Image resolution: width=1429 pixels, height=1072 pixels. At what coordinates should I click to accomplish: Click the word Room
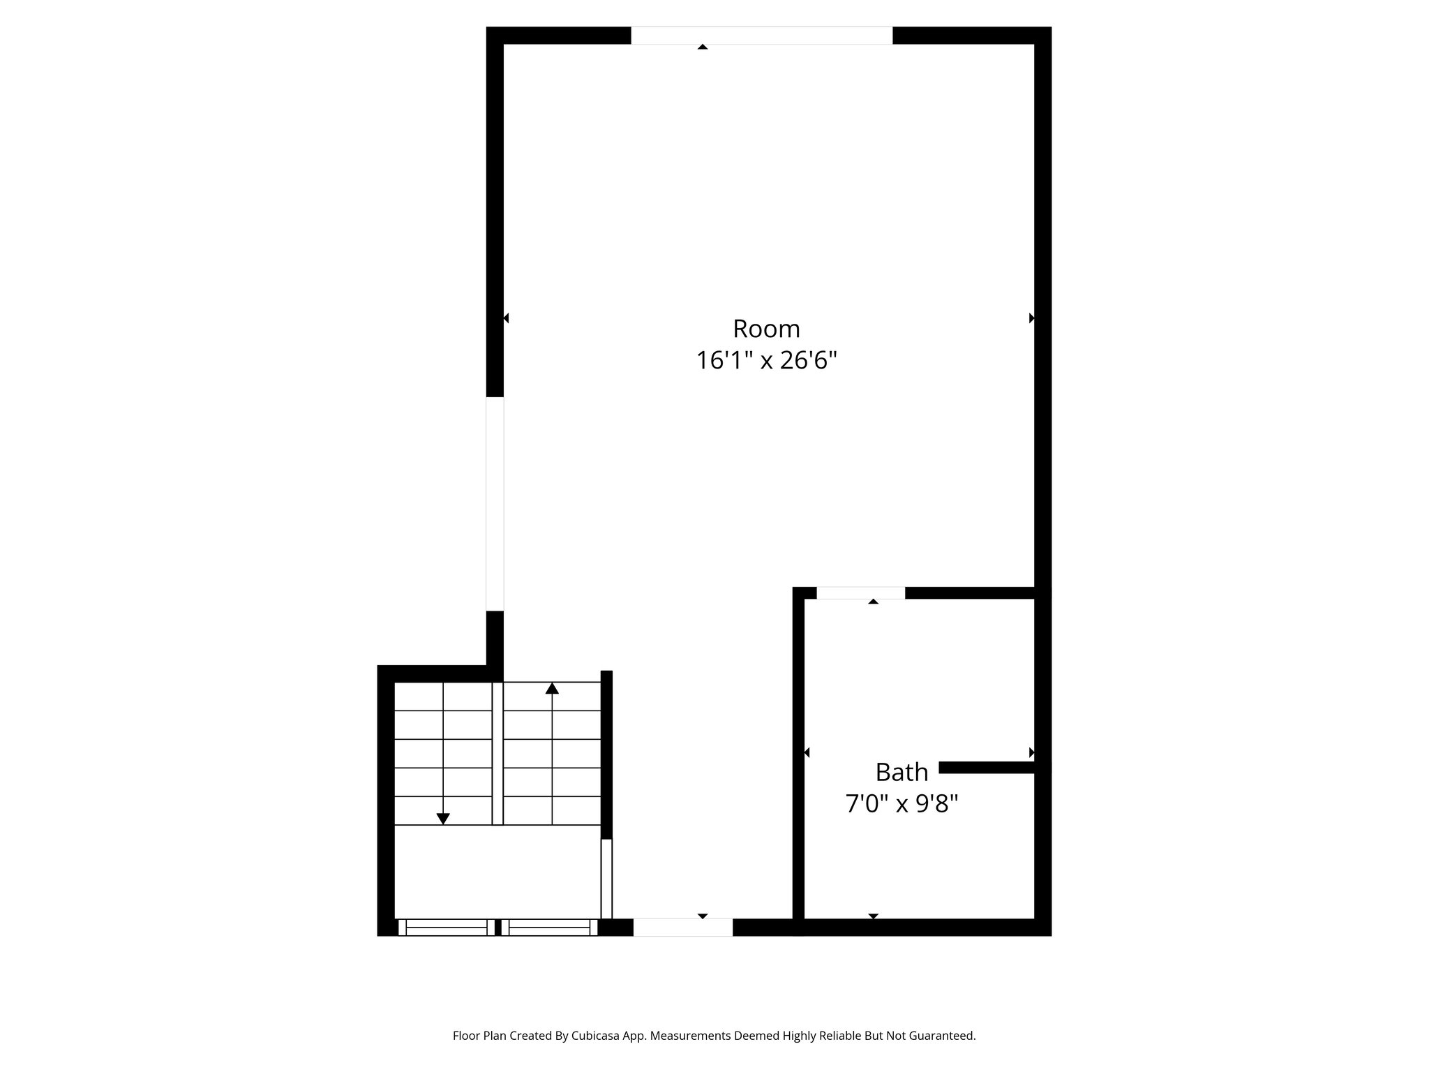[766, 329]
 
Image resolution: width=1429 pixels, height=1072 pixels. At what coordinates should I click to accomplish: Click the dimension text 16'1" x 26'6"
[766, 361]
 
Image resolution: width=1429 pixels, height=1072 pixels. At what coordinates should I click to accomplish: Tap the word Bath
[901, 773]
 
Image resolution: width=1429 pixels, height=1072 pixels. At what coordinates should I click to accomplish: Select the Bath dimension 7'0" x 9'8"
[901, 805]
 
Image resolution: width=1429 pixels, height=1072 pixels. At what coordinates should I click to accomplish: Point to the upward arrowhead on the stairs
[552, 689]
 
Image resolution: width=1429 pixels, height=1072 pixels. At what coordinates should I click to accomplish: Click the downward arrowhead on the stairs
[443, 819]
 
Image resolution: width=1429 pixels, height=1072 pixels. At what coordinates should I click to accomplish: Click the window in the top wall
[761, 36]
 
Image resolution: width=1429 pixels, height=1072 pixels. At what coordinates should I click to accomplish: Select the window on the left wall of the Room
[495, 503]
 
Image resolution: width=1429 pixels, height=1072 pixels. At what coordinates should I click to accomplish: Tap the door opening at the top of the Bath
[860, 593]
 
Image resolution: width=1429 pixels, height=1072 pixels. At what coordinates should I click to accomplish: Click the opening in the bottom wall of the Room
[682, 927]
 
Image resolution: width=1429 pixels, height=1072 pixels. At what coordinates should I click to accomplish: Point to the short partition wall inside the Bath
[987, 768]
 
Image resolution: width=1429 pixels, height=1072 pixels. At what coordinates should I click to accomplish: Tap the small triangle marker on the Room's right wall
[1031, 318]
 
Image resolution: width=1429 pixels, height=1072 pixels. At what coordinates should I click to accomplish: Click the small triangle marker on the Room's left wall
[506, 318]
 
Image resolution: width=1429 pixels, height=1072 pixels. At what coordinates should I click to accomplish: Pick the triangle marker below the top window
[703, 47]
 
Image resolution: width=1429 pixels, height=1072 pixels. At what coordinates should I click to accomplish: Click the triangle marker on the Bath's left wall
[807, 752]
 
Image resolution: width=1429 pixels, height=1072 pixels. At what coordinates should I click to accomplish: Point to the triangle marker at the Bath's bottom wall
[873, 916]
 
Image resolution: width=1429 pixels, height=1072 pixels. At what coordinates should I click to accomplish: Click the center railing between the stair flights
[497, 754]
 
